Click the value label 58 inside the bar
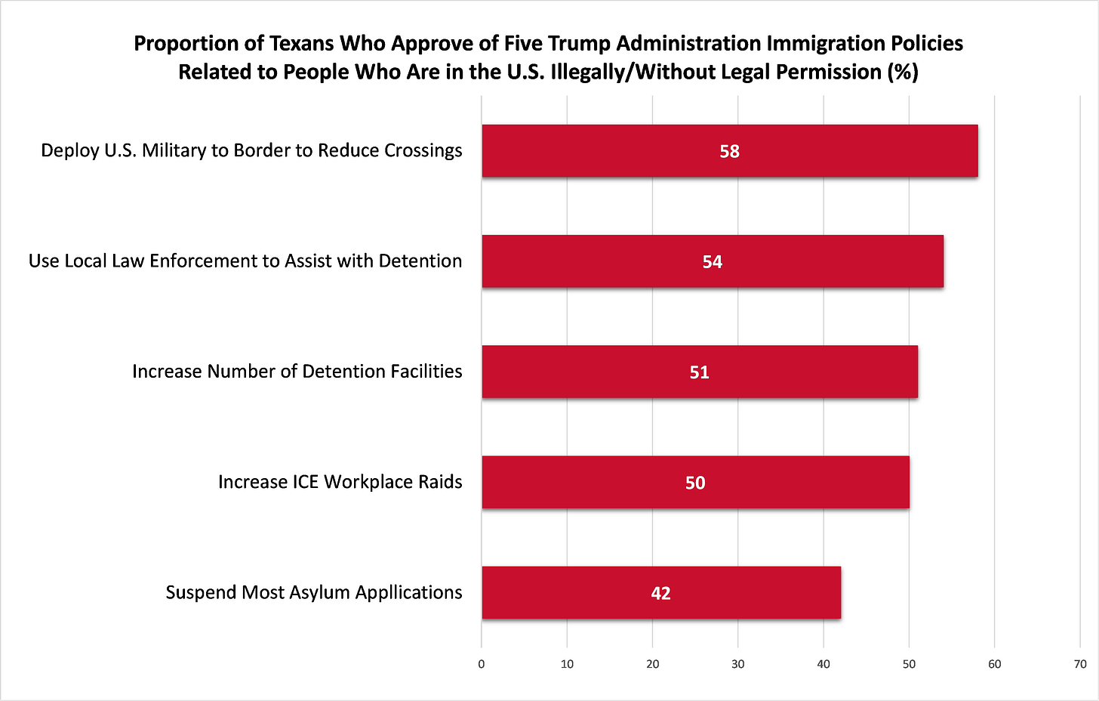(729, 151)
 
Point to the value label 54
(713, 261)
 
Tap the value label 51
(699, 372)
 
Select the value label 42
(660, 593)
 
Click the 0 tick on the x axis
(482, 664)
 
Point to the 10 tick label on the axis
(567, 664)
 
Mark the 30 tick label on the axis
(738, 664)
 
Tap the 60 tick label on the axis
(995, 664)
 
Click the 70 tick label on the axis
(1080, 664)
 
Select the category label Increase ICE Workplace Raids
(340, 482)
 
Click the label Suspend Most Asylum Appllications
(313, 592)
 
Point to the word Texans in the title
(302, 43)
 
